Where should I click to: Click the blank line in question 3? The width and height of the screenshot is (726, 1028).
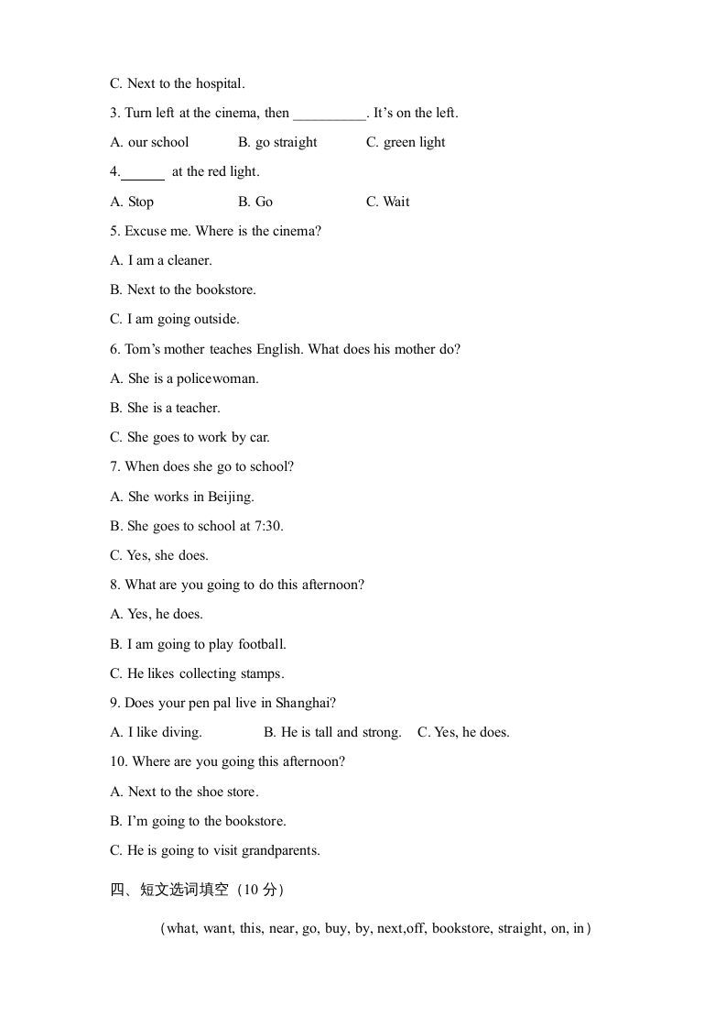click(330, 115)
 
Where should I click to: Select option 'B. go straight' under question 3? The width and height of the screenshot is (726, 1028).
click(277, 142)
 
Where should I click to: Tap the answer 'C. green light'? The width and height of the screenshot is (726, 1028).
click(406, 142)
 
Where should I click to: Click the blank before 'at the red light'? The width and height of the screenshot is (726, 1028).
click(143, 173)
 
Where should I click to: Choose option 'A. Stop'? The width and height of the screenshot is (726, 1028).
click(132, 202)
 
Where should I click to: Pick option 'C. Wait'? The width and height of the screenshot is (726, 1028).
click(388, 202)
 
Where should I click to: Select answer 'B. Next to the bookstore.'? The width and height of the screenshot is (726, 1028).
click(183, 290)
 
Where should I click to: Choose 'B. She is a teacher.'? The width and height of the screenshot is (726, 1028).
click(165, 408)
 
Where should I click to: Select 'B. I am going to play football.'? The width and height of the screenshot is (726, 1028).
click(198, 644)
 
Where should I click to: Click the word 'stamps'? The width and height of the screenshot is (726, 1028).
click(261, 673)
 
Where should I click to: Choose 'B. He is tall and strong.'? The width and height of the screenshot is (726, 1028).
click(332, 732)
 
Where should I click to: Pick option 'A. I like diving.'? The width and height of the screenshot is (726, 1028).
click(156, 732)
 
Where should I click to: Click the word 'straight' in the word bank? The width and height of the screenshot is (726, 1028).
click(520, 928)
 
